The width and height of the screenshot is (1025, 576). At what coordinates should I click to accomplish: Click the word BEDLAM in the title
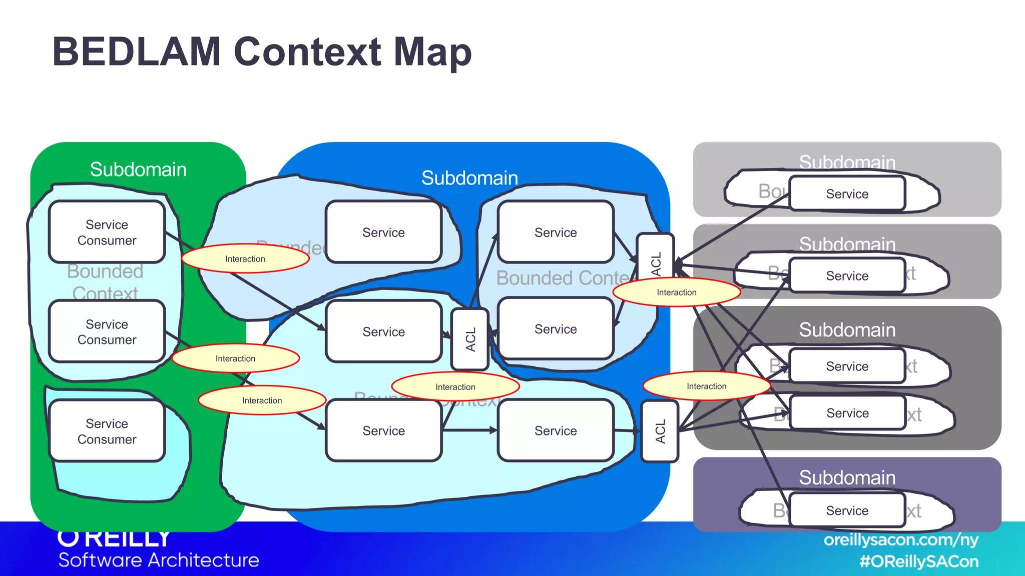click(x=136, y=51)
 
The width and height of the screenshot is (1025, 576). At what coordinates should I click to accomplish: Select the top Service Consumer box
click(x=107, y=232)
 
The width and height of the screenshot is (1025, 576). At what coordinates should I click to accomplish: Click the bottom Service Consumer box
click(x=107, y=431)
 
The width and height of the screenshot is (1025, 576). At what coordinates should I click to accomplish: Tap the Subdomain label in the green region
click(x=138, y=169)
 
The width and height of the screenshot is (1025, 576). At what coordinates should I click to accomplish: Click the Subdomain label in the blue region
click(x=469, y=178)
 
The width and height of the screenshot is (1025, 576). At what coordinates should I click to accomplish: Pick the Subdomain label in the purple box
click(x=847, y=477)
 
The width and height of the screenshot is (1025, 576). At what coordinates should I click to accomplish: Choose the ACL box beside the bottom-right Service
click(x=660, y=431)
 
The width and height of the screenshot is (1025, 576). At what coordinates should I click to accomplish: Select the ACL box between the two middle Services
click(x=470, y=339)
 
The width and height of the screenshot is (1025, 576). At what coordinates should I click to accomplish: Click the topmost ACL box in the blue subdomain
click(x=656, y=262)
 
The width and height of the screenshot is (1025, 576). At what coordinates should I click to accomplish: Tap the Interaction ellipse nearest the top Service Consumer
click(x=245, y=258)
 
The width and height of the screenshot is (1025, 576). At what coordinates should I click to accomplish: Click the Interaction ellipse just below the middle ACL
click(x=455, y=386)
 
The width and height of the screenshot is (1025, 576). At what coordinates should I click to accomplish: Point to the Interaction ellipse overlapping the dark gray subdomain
click(x=706, y=386)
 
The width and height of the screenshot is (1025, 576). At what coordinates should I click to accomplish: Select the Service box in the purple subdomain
click(x=847, y=510)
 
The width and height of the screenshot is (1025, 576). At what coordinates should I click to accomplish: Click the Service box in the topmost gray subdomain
click(x=847, y=193)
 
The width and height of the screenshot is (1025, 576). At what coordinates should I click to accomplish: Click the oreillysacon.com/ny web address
click(x=900, y=540)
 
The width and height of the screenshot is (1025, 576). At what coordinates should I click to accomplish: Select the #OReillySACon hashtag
click(x=918, y=561)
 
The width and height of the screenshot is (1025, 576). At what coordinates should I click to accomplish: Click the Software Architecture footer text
click(x=159, y=560)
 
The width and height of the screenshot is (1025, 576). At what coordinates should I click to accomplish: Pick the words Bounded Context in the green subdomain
click(x=105, y=282)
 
